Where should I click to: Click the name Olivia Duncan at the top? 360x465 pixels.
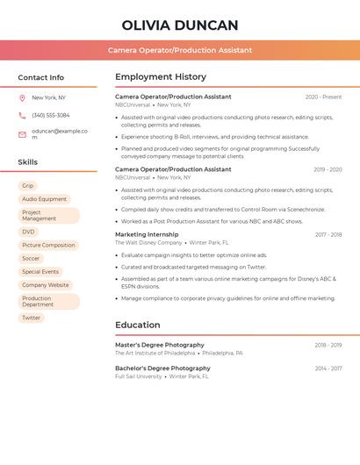click(x=179, y=25)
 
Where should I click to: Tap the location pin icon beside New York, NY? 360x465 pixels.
click(x=22, y=97)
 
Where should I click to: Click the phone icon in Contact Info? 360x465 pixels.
click(x=22, y=115)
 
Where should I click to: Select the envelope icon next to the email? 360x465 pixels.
click(x=22, y=134)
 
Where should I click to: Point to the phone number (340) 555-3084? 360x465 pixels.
click(x=51, y=115)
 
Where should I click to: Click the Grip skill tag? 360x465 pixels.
click(x=28, y=186)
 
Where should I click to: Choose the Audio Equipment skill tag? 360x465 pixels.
click(x=44, y=199)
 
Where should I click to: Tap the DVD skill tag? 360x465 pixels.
click(x=29, y=232)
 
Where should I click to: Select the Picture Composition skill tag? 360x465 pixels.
click(x=48, y=245)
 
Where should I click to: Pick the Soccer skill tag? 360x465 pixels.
click(x=31, y=258)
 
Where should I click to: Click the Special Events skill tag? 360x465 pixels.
click(x=40, y=271)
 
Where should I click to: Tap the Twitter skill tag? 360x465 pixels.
click(x=31, y=318)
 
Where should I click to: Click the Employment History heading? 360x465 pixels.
click(x=161, y=77)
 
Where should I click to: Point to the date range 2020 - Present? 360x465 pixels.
click(x=323, y=97)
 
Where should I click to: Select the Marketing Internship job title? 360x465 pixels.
click(x=147, y=234)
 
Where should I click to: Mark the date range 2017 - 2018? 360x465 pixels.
click(x=328, y=234)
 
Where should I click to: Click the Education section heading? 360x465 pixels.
click(x=138, y=325)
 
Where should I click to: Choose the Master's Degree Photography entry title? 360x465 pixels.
click(x=159, y=345)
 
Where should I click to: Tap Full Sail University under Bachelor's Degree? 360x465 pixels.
click(x=139, y=376)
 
